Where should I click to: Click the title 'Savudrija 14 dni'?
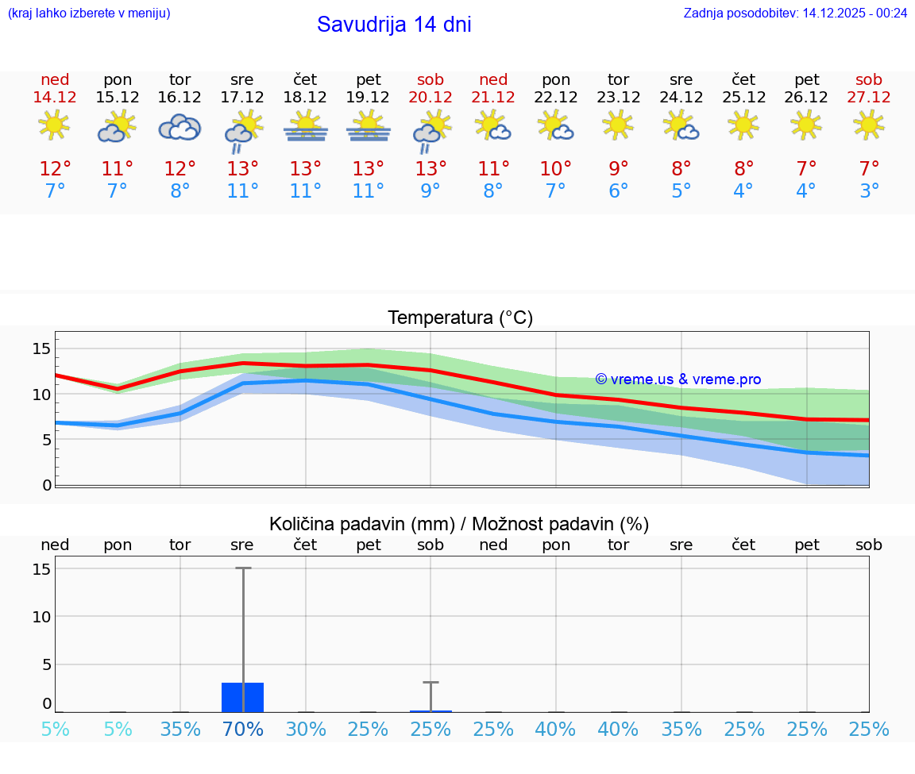pos(394,25)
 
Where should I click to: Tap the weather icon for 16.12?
pos(180,127)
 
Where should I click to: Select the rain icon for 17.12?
pos(242,132)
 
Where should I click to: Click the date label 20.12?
pos(430,97)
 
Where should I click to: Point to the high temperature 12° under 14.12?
pos(55,168)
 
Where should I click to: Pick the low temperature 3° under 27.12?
pos(869,191)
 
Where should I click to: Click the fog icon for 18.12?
pos(305,127)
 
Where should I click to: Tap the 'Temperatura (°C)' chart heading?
pos(460,318)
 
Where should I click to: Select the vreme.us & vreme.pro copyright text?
pos(678,379)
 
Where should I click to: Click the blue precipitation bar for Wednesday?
pos(242,697)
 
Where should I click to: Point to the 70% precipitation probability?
pos(243,729)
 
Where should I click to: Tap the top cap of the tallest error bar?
pos(242,568)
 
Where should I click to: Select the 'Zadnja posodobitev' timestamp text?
pos(795,13)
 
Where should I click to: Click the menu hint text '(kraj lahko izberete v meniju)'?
pos(89,13)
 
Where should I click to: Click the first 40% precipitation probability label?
pos(556,729)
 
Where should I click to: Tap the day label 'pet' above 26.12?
pos(806,79)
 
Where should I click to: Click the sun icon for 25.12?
pos(743,125)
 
